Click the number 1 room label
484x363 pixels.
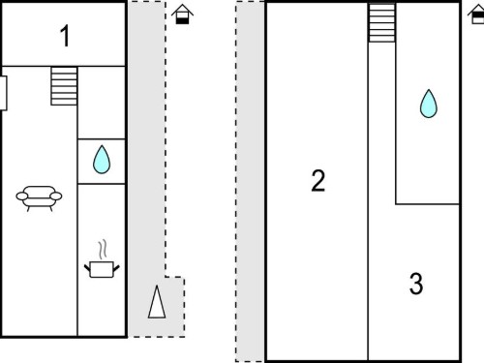[x=65, y=36]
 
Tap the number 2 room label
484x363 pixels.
[x=318, y=181]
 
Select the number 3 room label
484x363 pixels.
[x=416, y=284]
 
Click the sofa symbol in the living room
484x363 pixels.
[x=39, y=198]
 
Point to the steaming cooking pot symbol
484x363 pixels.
[x=102, y=258]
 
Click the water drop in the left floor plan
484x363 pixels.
[x=102, y=160]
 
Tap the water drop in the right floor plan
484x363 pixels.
[x=429, y=104]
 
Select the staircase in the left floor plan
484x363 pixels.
[x=64, y=86]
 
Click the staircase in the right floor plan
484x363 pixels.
[x=382, y=22]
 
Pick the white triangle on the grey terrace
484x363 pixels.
[x=157, y=302]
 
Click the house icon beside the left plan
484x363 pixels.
[x=182, y=15]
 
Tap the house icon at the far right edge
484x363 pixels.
[x=476, y=15]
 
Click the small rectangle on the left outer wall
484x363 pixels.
[x=4, y=93]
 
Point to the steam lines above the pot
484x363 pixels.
[x=103, y=250]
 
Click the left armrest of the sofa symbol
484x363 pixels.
[x=22, y=196]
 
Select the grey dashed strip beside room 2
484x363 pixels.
[x=250, y=181]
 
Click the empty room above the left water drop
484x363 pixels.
[x=102, y=103]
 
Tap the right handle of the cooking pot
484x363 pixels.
[x=116, y=268]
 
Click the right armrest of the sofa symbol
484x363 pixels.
[x=56, y=196]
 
